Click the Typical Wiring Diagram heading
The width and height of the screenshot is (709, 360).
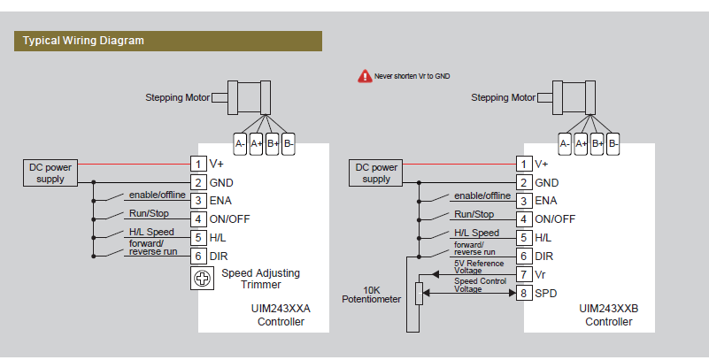coord(83,41)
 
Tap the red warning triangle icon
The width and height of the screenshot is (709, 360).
coord(364,77)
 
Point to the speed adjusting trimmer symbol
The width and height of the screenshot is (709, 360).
coord(203,280)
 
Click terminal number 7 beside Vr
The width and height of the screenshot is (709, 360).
coord(523,274)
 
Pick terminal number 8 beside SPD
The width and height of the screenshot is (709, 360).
coord(523,293)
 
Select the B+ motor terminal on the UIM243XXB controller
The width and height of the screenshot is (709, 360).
coord(597,143)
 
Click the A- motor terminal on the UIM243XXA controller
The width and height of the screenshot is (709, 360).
coord(240,143)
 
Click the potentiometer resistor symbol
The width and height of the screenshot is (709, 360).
coord(419,294)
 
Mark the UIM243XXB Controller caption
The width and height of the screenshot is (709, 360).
coord(609,316)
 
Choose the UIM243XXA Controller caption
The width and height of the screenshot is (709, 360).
coord(281,316)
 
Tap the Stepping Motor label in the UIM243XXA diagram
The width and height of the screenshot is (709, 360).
coord(177,97)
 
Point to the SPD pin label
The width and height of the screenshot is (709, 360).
coord(545,293)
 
